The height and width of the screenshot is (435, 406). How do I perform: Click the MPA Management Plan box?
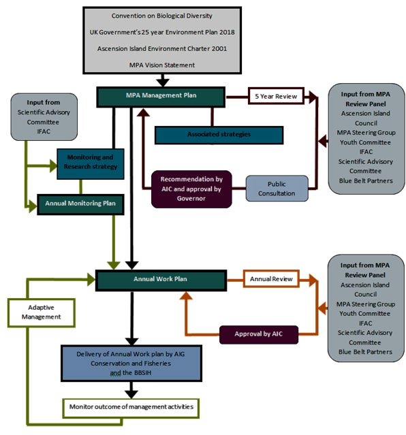161,97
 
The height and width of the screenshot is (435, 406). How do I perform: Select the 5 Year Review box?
276,96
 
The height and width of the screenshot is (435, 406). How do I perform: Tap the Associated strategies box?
219,135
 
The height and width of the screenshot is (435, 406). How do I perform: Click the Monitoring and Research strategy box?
90,163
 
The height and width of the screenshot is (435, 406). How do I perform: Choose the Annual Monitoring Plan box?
80,204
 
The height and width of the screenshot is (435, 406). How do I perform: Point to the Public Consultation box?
277,189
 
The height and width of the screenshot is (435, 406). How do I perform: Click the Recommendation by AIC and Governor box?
191,189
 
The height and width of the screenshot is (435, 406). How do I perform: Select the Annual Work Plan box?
161,280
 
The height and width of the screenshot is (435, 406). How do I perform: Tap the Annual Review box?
271,278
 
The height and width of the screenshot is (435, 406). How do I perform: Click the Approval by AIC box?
259,334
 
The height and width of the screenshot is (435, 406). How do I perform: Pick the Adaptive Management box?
41,312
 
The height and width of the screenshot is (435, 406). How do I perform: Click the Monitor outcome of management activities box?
131,408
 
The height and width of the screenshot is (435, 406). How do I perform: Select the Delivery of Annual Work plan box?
131,364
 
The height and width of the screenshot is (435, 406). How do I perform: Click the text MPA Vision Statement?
162,65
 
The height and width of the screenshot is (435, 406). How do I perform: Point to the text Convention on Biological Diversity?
162,16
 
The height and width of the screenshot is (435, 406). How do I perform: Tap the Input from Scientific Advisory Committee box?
44,117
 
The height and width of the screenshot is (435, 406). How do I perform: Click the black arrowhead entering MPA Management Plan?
162,82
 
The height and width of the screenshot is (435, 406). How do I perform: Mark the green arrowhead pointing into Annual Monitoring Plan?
33,207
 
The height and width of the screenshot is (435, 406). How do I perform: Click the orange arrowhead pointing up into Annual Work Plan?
186,295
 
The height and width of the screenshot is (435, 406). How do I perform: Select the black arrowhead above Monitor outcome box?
131,394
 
